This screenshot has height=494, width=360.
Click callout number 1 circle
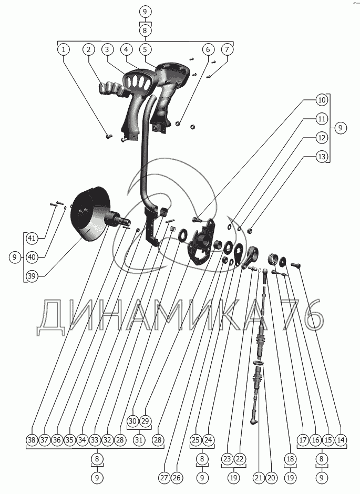[63, 49]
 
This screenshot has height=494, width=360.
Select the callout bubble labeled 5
[146, 49]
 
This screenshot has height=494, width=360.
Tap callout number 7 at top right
[227, 49]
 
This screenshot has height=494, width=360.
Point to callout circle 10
[322, 100]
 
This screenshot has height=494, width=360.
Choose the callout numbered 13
[322, 157]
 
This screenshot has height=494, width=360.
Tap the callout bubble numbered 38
[32, 439]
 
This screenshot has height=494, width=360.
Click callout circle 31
[139, 439]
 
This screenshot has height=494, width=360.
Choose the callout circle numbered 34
[82, 439]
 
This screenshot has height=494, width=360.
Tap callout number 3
[107, 49]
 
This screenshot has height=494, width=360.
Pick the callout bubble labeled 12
[322, 138]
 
